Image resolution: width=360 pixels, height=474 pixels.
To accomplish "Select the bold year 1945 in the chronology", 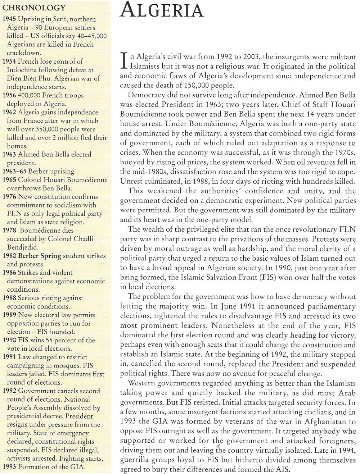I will point(9,19).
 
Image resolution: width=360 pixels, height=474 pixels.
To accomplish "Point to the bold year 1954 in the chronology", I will point(9,61).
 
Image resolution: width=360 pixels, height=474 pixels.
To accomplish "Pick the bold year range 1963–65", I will point(14,171).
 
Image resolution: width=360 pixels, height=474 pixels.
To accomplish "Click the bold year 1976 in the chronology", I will point(9,197).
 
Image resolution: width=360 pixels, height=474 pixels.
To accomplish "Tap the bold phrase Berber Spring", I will point(40,256).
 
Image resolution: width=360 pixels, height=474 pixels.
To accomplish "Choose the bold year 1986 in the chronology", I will point(9,273).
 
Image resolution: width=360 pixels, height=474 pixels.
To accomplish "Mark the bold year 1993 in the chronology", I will point(9,467).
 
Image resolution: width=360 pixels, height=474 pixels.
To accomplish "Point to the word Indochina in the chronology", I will point(23,70).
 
